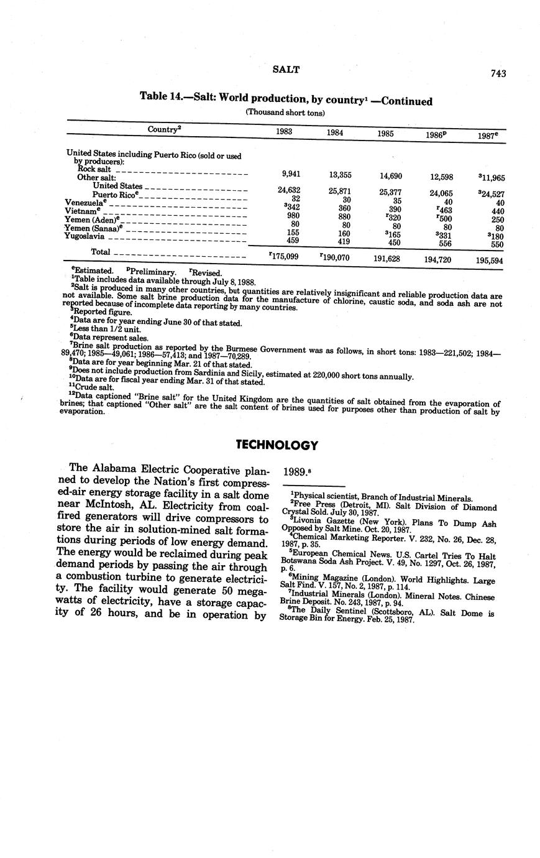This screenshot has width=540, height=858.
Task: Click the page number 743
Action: click(x=498, y=73)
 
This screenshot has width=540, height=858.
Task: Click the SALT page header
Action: click(x=286, y=70)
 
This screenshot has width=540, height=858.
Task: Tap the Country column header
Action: click(x=164, y=129)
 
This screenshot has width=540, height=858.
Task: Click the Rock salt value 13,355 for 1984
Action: click(x=340, y=175)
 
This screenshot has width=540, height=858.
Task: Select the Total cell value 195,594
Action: click(x=490, y=261)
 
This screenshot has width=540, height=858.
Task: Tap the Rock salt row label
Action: click(x=94, y=168)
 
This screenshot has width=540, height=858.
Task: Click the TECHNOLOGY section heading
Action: click(x=277, y=445)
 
